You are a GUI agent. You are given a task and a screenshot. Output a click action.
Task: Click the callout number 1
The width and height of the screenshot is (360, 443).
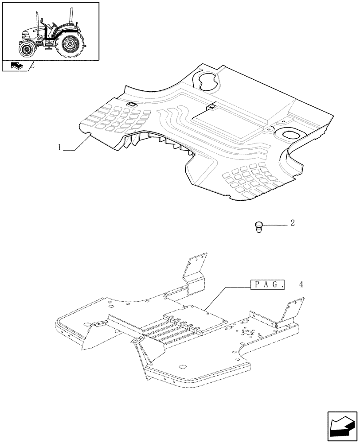tap(60, 148)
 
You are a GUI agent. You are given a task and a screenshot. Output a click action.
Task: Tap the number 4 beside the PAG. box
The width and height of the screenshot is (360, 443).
tap(301, 284)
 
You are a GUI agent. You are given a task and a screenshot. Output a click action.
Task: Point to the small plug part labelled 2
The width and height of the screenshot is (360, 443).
tap(258, 227)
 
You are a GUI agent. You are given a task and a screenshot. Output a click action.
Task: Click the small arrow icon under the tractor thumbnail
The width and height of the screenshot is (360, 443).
tap(16, 66)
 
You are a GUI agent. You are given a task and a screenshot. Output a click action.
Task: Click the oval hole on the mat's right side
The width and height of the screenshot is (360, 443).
tap(289, 135)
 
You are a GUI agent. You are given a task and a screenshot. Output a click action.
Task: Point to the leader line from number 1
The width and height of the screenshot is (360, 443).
tap(78, 146)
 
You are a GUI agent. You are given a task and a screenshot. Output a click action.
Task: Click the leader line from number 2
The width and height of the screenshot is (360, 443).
tap(275, 225)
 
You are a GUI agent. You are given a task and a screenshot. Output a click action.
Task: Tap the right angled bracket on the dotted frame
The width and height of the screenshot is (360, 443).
tap(290, 312)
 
